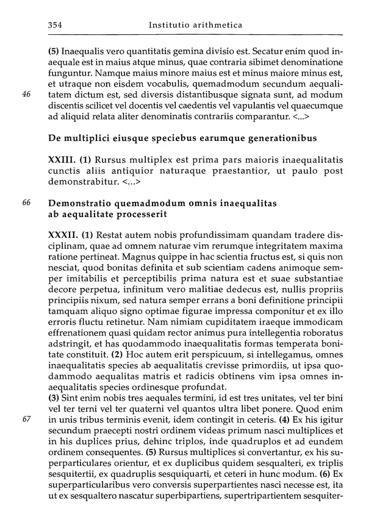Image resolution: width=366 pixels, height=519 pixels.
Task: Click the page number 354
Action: point(56,25)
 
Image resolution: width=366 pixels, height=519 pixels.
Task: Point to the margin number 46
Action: point(26,94)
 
